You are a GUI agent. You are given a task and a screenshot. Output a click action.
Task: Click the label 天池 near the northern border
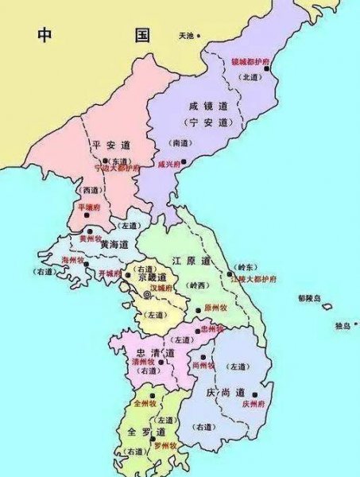(x=186, y=36)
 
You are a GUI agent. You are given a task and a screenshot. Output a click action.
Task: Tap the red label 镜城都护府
(x=248, y=61)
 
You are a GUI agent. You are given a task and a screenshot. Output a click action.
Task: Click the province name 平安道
(x=110, y=145)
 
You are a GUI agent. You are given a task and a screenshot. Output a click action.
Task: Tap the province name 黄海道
(x=115, y=245)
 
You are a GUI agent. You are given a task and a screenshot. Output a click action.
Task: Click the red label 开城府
(x=110, y=273)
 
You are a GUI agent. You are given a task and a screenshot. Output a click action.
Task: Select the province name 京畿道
(x=152, y=277)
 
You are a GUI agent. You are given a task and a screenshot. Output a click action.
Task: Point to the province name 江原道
(x=192, y=262)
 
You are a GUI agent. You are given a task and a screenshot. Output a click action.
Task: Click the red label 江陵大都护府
(x=253, y=281)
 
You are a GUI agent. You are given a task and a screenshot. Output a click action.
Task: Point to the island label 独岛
(x=343, y=325)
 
